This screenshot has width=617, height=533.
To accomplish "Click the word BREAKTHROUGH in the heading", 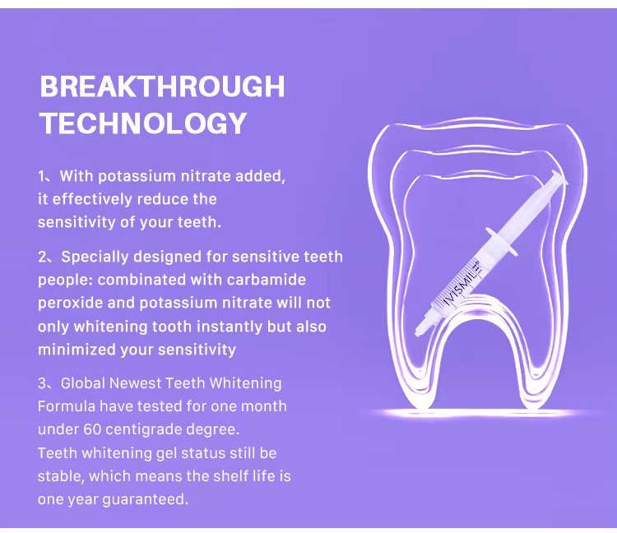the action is (x=162, y=86).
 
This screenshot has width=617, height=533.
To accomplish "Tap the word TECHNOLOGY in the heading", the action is (x=144, y=123).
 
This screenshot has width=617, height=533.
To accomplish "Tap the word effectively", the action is (x=92, y=199).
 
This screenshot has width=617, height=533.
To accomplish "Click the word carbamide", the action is (x=267, y=280).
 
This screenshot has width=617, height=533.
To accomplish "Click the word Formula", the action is (x=67, y=406).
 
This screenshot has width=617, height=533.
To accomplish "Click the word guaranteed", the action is (x=145, y=499).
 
